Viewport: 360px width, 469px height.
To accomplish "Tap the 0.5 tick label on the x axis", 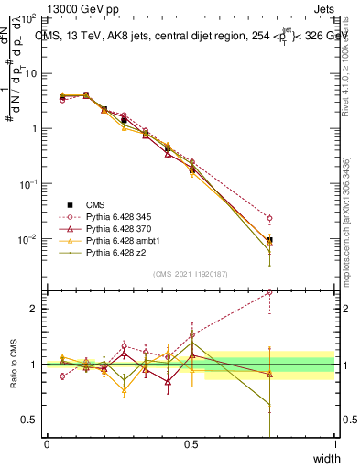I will click(x=191, y=444).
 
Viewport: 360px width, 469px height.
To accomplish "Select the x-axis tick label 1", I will click(x=334, y=444).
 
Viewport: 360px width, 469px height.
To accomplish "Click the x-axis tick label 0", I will click(x=47, y=444).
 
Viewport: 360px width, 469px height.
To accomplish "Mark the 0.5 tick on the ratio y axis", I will click(x=29, y=420).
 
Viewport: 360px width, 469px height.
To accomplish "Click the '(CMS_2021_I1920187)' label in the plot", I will click(x=191, y=274).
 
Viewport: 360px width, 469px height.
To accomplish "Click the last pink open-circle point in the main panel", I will click(x=269, y=218).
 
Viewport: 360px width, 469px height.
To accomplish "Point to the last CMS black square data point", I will click(x=269, y=240).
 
